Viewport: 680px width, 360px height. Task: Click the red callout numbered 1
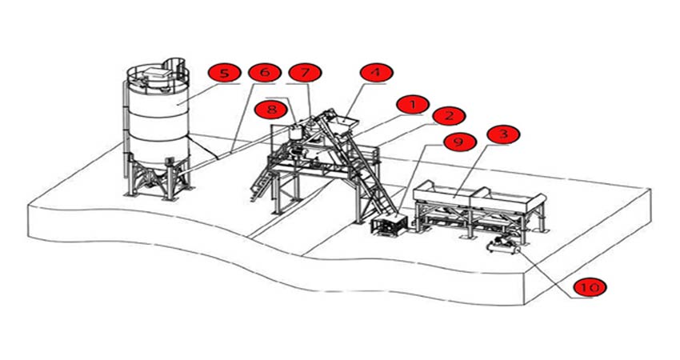click(x=413, y=105)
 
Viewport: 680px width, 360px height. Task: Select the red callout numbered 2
click(x=449, y=116)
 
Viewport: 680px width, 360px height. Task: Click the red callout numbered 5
click(x=225, y=74)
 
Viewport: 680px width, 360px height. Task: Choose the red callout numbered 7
click(x=305, y=73)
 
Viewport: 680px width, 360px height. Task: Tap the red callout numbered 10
click(x=589, y=286)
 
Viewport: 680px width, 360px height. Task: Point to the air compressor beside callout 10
click(x=503, y=246)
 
